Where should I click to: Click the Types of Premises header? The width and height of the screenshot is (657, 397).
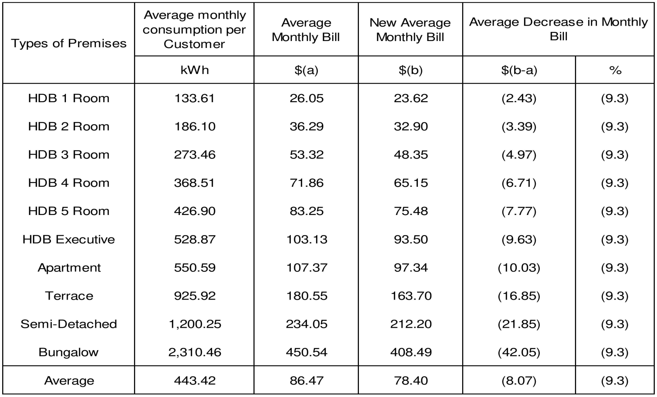click(68, 43)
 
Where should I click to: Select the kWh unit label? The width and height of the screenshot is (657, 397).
click(194, 70)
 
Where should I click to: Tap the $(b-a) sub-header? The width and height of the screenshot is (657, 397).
click(519, 70)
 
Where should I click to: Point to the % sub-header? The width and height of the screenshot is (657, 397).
click(615, 70)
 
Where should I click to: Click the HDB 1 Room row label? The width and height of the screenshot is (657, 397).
click(68, 98)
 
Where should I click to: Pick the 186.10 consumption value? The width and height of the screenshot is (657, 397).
click(195, 126)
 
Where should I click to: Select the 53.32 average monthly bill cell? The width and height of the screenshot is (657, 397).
click(306, 155)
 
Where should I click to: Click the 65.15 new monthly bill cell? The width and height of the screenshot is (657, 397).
click(411, 183)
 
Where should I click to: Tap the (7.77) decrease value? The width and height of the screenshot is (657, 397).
click(519, 211)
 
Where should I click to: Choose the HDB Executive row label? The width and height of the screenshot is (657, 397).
click(68, 239)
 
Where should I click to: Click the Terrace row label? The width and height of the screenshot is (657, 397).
click(69, 296)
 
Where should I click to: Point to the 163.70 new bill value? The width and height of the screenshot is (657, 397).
click(411, 296)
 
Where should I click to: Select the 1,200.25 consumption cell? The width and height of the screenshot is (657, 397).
click(195, 324)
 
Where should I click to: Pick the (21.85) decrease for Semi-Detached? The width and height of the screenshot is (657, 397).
click(519, 324)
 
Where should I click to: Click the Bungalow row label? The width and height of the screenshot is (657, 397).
click(68, 352)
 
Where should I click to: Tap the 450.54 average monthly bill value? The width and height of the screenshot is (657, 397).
click(306, 352)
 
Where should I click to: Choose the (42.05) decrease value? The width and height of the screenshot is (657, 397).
click(519, 352)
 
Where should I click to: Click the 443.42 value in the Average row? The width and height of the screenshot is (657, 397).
click(195, 381)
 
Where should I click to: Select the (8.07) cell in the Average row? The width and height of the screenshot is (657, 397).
click(519, 381)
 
